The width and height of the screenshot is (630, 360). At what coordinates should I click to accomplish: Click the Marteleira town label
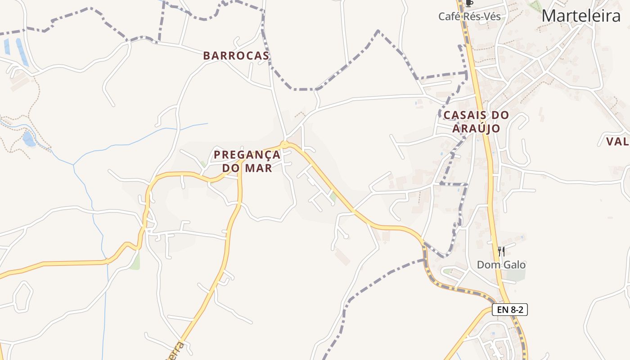(x=581, y=16)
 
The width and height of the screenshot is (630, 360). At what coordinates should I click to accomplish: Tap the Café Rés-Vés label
(x=469, y=17)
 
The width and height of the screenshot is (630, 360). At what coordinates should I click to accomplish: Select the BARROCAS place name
(x=236, y=56)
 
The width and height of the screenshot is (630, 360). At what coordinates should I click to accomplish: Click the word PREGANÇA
(x=247, y=155)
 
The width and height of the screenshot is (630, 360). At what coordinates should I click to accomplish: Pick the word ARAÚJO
(x=476, y=129)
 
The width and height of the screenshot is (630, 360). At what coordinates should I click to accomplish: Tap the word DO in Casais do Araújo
(x=499, y=115)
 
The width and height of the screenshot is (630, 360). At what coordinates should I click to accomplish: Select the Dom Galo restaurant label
(x=501, y=265)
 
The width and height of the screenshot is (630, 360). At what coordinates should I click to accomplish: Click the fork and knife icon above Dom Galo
(x=501, y=252)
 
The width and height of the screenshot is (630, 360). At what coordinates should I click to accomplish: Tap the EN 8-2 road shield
(x=509, y=310)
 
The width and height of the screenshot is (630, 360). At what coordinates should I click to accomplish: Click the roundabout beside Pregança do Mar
(x=284, y=144)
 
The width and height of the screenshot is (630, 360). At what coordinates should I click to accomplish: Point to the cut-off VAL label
(x=617, y=141)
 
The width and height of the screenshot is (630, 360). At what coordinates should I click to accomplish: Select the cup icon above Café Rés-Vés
(x=469, y=4)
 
